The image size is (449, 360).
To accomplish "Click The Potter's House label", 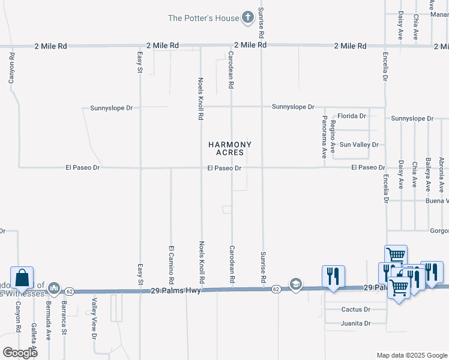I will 203,18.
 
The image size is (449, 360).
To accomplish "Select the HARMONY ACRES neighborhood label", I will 230,148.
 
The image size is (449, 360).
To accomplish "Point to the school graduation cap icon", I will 295,284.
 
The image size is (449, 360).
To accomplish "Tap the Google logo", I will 19,352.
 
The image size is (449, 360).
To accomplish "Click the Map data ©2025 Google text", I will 411,355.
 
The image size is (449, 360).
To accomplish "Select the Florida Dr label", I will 352,116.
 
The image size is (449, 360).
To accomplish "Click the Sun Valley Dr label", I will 359,145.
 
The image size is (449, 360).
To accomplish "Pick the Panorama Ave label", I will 325,136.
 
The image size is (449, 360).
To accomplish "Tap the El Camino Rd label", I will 171,265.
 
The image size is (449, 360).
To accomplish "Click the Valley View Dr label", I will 94,319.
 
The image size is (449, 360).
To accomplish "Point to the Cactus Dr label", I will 355,310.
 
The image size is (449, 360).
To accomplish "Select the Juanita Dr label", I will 355,323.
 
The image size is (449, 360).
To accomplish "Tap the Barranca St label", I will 64,315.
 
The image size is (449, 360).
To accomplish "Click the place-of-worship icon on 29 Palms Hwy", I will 54,289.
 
